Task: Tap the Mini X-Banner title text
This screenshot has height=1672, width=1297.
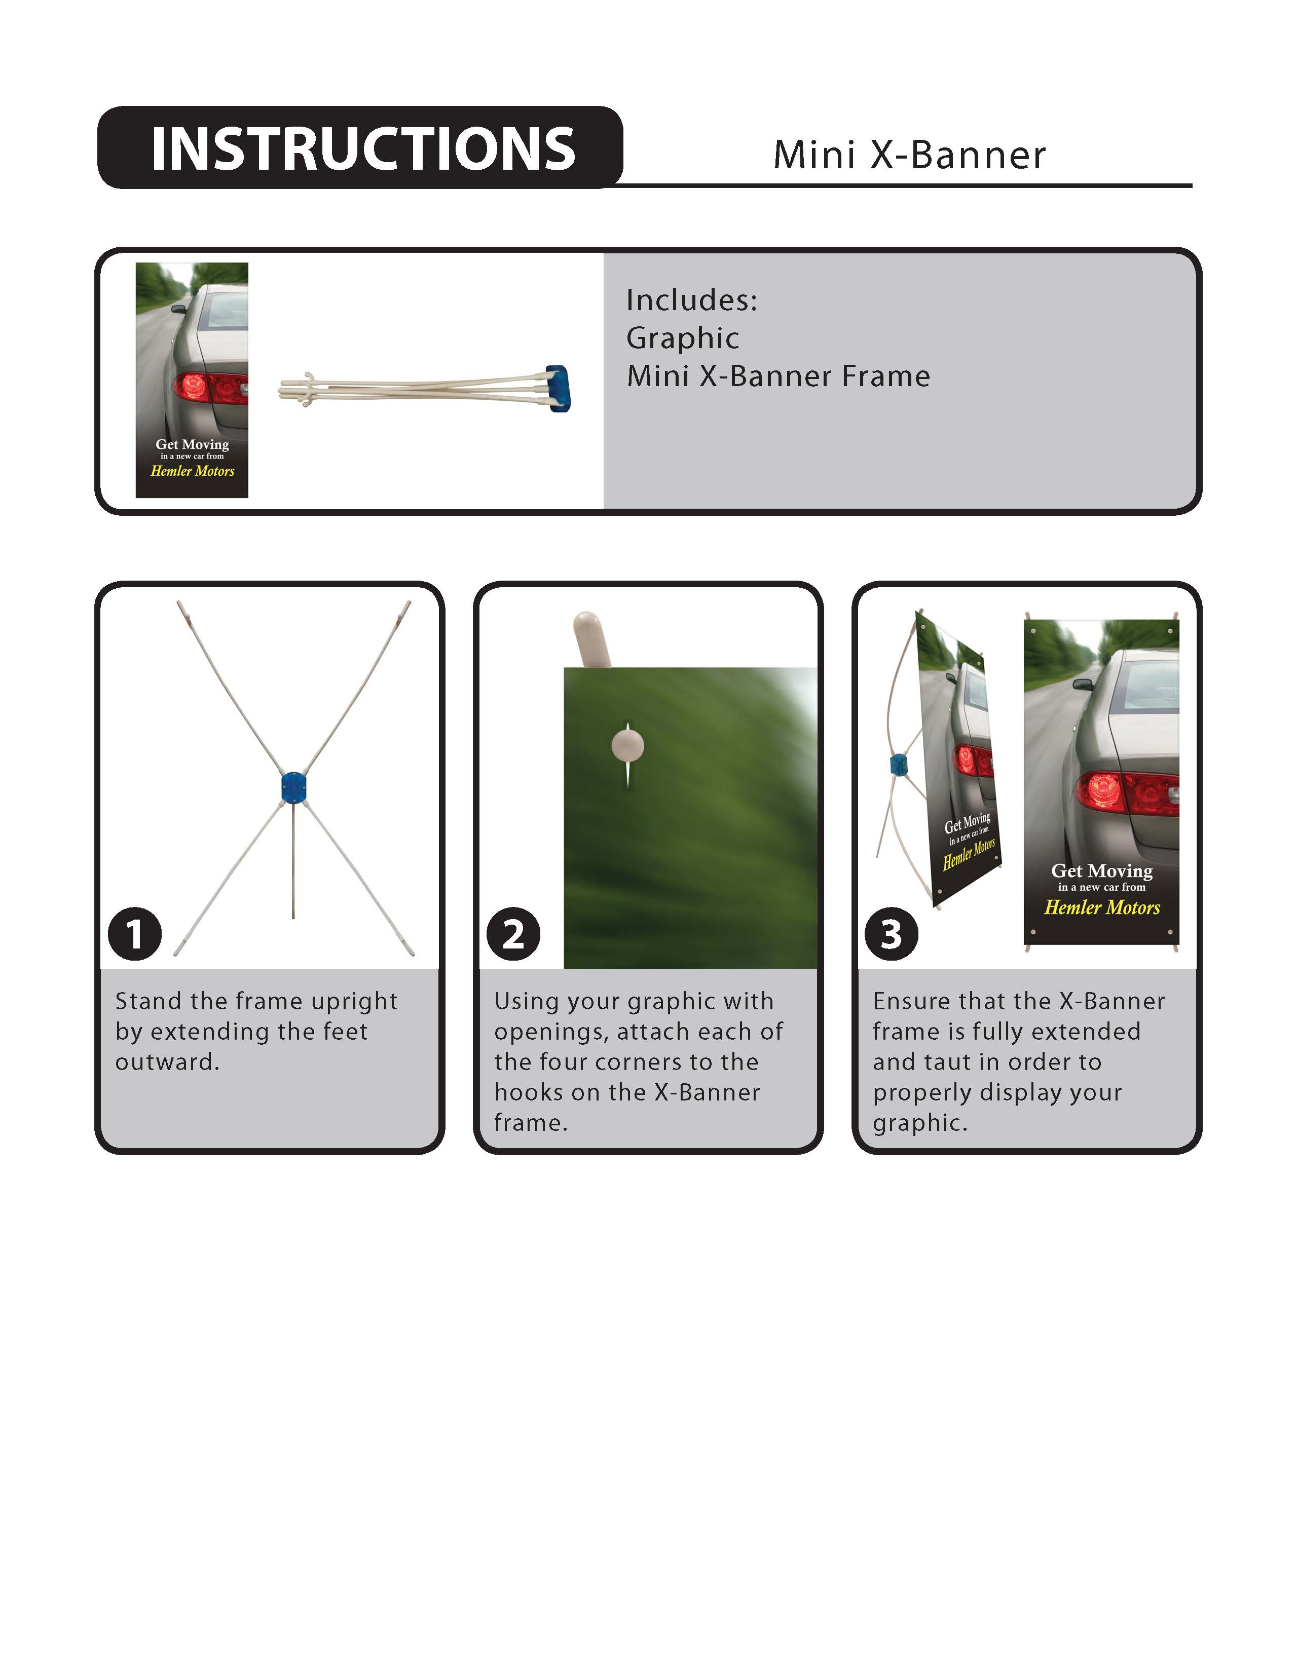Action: pos(909,156)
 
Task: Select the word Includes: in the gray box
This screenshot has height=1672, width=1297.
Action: pos(691,300)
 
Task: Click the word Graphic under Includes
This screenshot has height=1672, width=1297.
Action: pos(682,338)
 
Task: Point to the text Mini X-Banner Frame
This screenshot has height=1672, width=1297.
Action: pos(778,376)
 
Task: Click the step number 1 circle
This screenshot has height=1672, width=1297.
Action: pos(135,934)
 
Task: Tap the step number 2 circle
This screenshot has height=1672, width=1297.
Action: pos(513,934)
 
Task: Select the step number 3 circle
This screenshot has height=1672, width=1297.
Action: pos(891,934)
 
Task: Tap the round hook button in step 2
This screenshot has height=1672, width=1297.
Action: pos(628,745)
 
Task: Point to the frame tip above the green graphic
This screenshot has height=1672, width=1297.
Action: pos(590,637)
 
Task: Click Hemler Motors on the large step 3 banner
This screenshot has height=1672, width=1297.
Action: pos(1102,908)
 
